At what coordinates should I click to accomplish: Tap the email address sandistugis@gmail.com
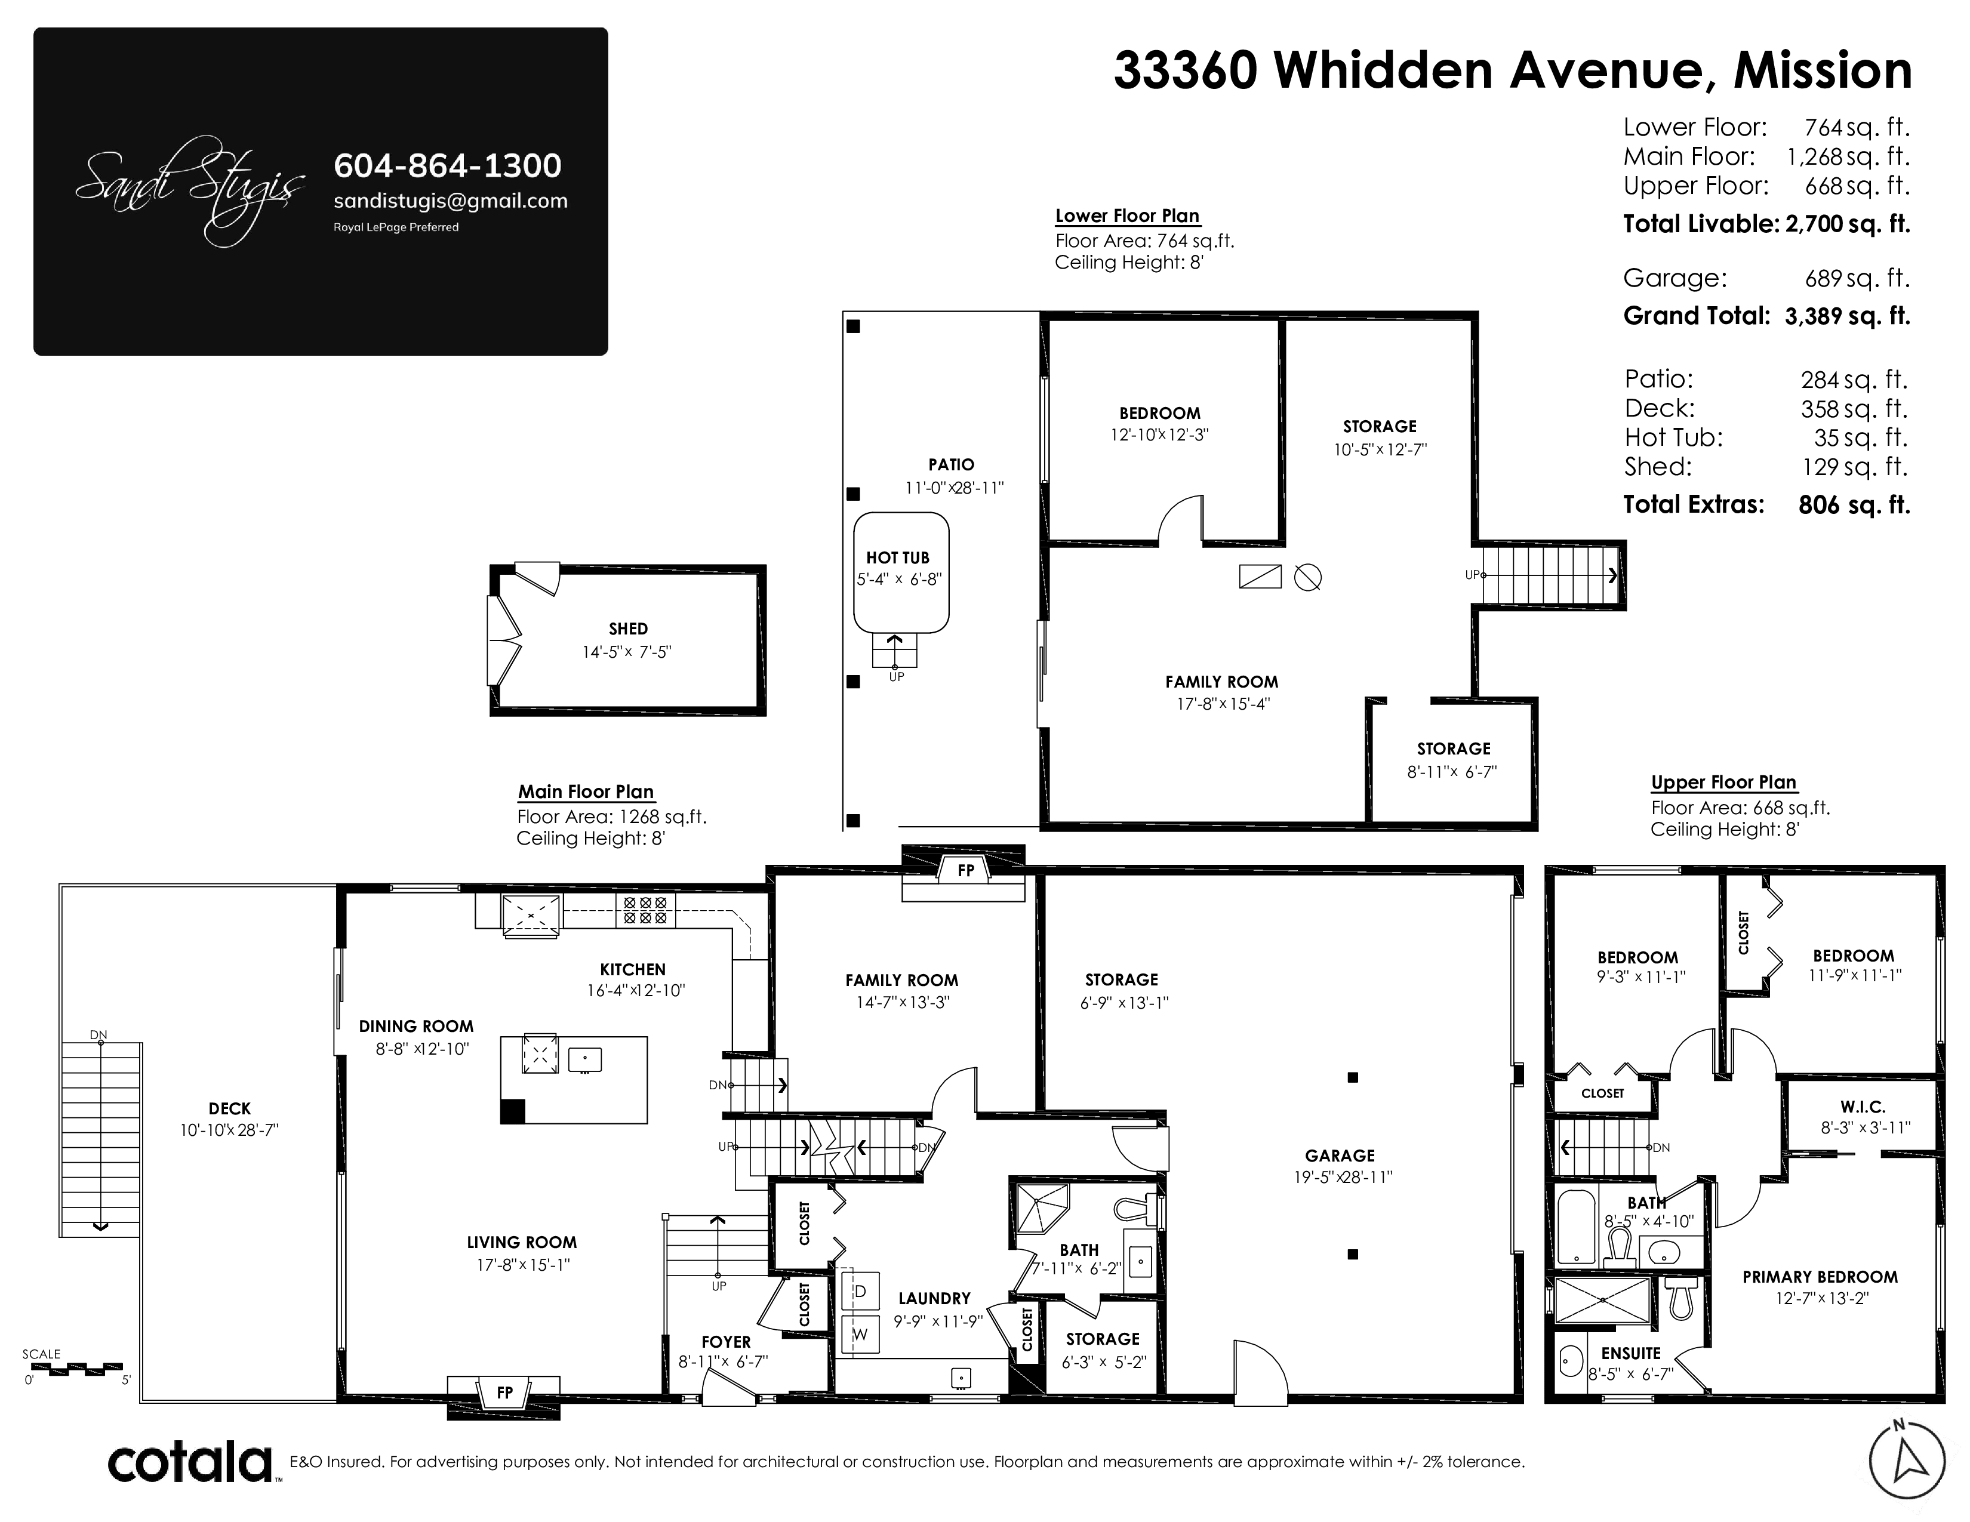(451, 201)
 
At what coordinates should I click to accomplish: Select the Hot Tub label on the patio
(897, 557)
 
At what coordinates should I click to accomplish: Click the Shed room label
(628, 628)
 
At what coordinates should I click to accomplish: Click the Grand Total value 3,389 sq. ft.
(1848, 316)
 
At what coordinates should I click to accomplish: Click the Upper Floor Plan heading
(1724, 782)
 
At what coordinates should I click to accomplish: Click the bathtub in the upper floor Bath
(1577, 1227)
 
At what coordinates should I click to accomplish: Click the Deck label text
(229, 1109)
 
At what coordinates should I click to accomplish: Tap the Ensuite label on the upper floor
(1631, 1354)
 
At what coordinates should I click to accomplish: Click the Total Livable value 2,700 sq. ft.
(1848, 224)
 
